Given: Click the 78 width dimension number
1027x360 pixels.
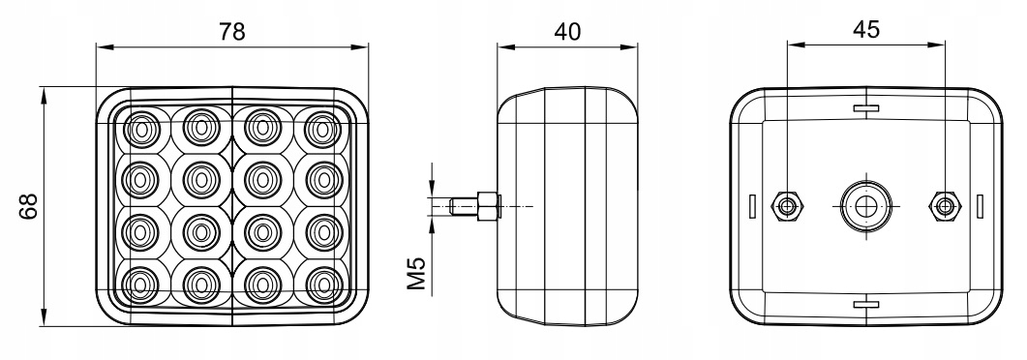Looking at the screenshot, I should tap(231, 30).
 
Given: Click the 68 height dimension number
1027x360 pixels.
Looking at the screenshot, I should tap(29, 205).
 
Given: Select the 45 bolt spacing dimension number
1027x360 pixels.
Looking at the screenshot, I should tap(865, 30).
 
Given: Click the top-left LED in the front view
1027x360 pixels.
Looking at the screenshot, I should tap(142, 127).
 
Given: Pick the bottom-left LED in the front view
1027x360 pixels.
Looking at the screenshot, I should tap(142, 283).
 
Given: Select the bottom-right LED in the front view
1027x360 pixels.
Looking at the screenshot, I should tap(321, 283).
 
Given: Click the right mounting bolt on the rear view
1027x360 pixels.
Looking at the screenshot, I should tap(944, 205).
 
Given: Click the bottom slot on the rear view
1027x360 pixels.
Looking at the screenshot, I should tap(865, 304).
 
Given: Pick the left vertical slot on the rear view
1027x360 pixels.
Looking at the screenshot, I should tap(752, 206).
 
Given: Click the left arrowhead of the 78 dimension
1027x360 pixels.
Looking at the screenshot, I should tap(102, 45).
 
